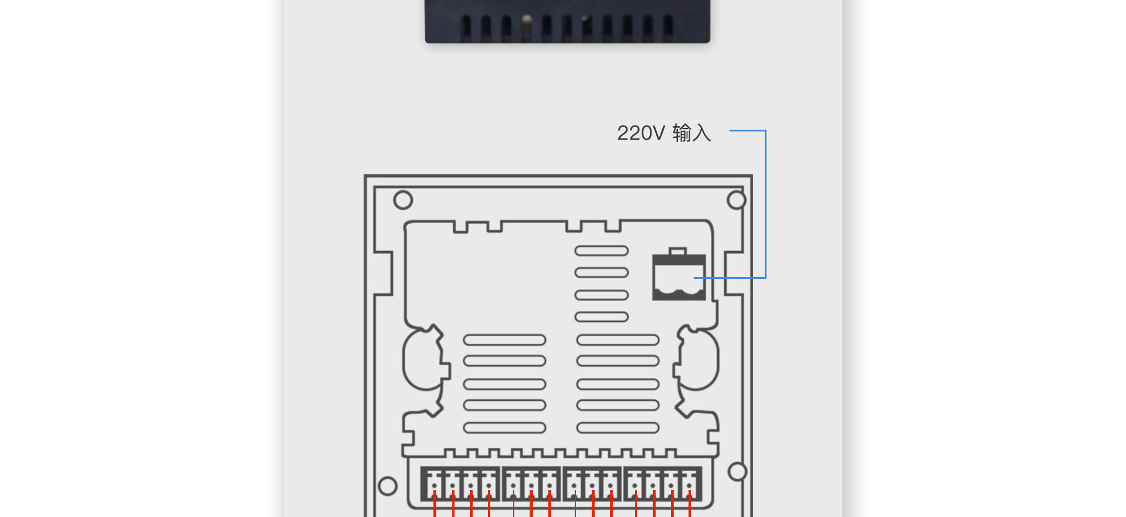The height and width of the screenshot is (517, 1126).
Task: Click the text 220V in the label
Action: (x=640, y=133)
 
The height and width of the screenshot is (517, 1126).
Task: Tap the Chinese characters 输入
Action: (x=691, y=133)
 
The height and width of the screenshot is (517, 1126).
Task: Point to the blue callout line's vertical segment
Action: (x=765, y=204)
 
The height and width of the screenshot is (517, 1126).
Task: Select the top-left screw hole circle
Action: (x=403, y=200)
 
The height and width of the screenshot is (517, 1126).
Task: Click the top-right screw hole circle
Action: (x=737, y=200)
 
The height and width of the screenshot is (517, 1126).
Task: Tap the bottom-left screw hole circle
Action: (x=388, y=486)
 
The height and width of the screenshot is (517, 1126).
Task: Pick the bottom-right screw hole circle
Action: (x=737, y=472)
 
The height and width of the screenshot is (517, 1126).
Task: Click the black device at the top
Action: (x=568, y=21)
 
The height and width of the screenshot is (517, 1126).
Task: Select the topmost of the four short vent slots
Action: (x=602, y=251)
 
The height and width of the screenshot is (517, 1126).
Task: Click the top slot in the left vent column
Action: (x=504, y=340)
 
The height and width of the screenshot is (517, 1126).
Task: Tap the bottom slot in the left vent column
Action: (x=504, y=428)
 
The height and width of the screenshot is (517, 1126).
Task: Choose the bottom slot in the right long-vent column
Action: (x=618, y=428)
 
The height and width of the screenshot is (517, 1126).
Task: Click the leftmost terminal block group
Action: (x=461, y=484)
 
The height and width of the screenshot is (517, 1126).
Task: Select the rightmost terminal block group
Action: (x=663, y=484)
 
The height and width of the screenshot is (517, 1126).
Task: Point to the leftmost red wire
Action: (x=435, y=504)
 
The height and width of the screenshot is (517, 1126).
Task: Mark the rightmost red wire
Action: (x=690, y=504)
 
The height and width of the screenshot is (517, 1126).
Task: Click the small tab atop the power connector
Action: (x=678, y=251)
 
